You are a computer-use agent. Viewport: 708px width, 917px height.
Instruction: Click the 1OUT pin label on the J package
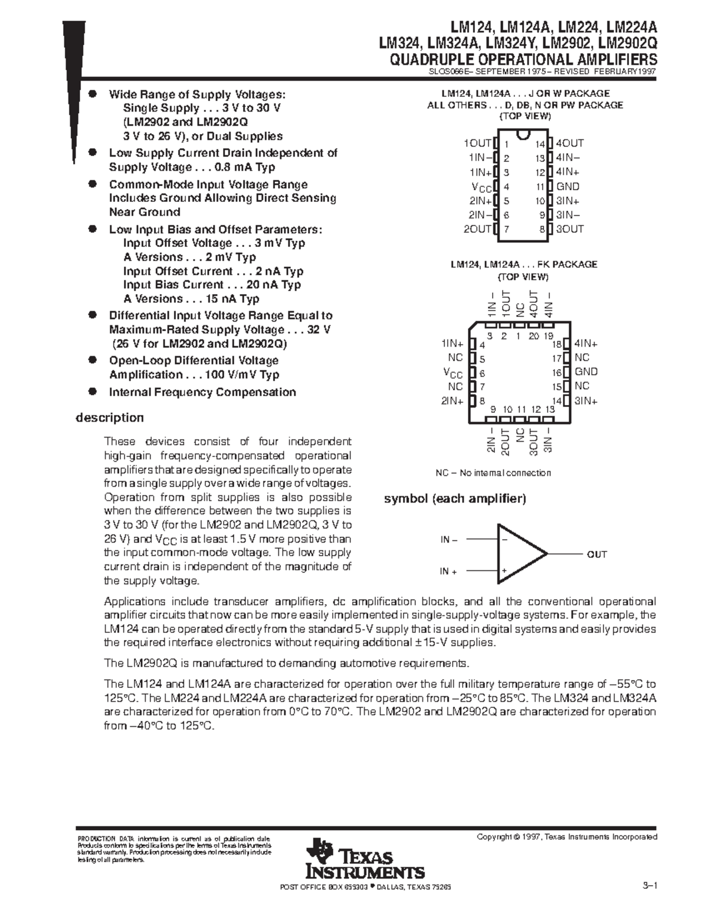pyautogui.click(x=477, y=143)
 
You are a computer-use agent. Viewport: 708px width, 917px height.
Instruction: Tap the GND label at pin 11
pyautogui.click(x=568, y=187)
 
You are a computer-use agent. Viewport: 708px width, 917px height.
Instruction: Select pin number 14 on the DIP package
pyautogui.click(x=539, y=144)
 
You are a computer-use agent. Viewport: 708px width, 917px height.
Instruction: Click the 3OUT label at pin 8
pyautogui.click(x=569, y=229)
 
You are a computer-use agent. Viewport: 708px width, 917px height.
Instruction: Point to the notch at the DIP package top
pyautogui.click(x=522, y=136)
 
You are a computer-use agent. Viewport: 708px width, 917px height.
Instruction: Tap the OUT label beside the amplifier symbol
pyautogui.click(x=596, y=554)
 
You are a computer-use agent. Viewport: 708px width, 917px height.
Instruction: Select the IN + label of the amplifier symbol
pyautogui.click(x=448, y=572)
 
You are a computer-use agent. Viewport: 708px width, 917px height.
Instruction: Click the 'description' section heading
pyautogui.click(x=109, y=417)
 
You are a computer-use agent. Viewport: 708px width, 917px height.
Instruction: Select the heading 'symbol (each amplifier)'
pyautogui.click(x=454, y=498)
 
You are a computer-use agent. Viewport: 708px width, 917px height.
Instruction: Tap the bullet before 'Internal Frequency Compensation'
pyautogui.click(x=92, y=391)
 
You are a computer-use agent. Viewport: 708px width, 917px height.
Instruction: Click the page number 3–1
pyautogui.click(x=650, y=885)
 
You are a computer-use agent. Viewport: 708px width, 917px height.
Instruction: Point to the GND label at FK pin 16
pyautogui.click(x=586, y=372)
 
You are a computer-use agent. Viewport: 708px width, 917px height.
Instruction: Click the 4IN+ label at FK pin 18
pyautogui.click(x=586, y=344)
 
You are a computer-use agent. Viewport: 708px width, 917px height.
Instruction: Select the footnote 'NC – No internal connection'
pyautogui.click(x=493, y=473)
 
